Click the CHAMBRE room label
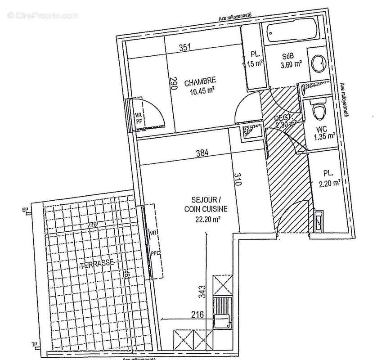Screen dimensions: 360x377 [200, 81]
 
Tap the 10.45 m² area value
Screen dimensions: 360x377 [201, 89]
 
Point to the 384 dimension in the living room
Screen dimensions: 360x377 [202, 153]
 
